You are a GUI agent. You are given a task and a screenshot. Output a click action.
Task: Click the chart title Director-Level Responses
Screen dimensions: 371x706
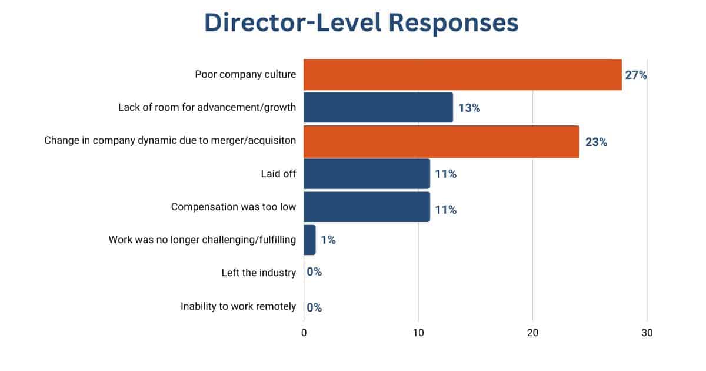coord(361,24)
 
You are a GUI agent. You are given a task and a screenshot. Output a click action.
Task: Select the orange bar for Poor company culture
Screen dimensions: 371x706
coord(462,75)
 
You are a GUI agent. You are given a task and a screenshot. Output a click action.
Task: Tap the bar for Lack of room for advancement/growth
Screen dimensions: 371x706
coord(378,108)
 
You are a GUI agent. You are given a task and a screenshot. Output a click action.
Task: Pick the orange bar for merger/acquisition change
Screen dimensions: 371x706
coord(441,142)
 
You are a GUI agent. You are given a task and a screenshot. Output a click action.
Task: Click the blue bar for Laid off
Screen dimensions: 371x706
coord(367,174)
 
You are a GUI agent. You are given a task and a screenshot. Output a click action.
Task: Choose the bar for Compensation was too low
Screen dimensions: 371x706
coord(367,207)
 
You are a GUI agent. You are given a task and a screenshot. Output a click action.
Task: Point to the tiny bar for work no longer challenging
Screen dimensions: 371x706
coord(309,240)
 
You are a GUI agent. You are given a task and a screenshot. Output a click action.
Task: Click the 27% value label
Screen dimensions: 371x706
coord(636,75)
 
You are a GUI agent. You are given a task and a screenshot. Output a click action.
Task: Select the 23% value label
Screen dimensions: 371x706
coord(596,142)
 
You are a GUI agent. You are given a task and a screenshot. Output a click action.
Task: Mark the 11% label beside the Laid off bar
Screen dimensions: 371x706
coord(445,174)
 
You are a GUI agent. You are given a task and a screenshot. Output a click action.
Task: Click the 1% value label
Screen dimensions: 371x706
coord(328,240)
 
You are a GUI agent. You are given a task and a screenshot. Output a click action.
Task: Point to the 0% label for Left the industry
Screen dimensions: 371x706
coord(314,273)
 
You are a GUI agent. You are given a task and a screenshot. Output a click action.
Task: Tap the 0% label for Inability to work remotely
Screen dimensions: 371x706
coord(314,307)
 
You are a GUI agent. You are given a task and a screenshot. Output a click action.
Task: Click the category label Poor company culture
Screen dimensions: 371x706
coord(245,75)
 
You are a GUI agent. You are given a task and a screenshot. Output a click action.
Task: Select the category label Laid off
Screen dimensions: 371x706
coord(278,174)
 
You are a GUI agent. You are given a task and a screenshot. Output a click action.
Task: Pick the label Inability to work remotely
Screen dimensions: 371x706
coord(238,307)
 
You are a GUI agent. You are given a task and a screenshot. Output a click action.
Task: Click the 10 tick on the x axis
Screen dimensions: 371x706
coord(418,333)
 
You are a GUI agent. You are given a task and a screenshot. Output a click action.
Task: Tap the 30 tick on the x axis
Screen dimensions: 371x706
coord(647,333)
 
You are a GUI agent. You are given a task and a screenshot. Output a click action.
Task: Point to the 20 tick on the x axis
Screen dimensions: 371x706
coord(532,333)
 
